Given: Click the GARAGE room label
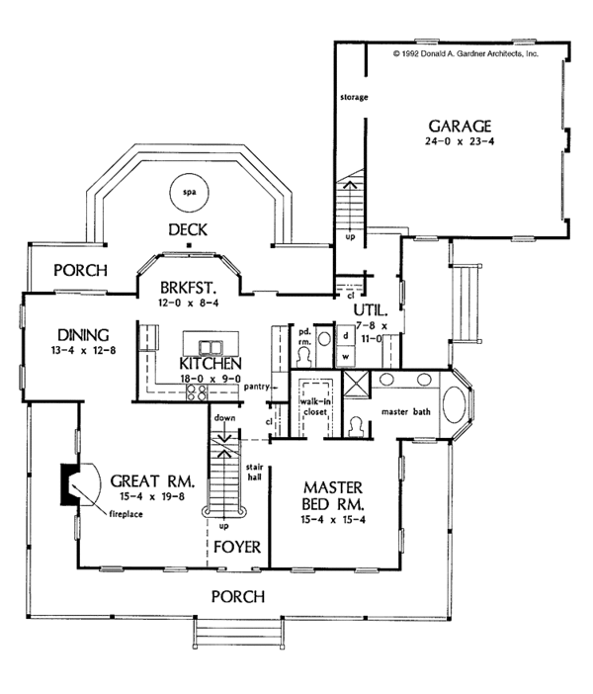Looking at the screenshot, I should [x=460, y=127].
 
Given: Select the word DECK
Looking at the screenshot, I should [x=185, y=229].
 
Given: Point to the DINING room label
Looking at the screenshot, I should [x=83, y=333].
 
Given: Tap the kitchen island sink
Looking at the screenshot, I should [x=210, y=346].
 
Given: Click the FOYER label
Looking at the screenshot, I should [x=235, y=545].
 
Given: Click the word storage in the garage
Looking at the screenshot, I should [x=354, y=97].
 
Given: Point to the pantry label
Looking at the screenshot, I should [x=258, y=387].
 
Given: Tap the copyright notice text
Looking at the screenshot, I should [x=465, y=55].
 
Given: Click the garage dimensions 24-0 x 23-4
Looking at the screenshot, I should [x=460, y=144].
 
